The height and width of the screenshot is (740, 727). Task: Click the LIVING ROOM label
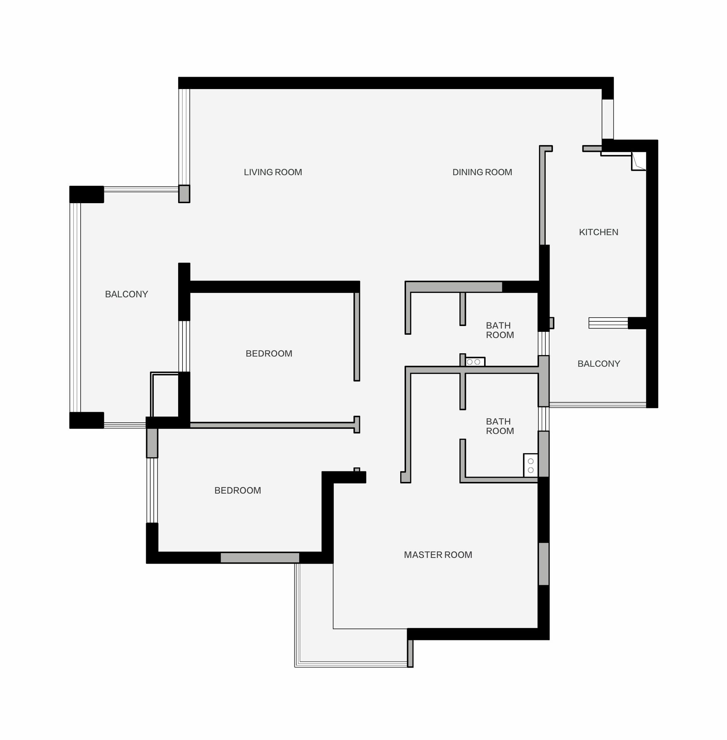(273, 172)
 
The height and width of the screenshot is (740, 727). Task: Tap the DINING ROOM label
(482, 172)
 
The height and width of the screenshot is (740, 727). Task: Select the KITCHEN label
(598, 232)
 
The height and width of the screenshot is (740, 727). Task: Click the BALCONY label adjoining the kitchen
(599, 364)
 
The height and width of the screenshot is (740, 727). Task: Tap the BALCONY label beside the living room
(126, 294)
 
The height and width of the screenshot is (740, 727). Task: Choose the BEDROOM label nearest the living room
(269, 354)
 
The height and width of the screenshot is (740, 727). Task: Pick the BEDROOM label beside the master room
(237, 491)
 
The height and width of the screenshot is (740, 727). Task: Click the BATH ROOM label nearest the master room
(500, 426)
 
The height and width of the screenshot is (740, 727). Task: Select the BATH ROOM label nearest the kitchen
(500, 330)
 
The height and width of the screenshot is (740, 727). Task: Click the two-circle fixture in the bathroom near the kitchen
(475, 362)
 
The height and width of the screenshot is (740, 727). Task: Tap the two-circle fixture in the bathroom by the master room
(531, 466)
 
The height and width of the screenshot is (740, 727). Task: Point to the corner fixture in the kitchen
(639, 161)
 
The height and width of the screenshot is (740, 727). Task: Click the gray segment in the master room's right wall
(544, 564)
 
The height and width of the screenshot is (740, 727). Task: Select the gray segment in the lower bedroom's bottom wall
(260, 558)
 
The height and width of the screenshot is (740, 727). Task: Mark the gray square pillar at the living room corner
(184, 194)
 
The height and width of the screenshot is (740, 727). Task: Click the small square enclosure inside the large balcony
(165, 395)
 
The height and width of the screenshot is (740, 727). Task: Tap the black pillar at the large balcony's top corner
(87, 194)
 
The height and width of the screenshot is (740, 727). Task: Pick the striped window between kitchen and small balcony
(608, 323)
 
